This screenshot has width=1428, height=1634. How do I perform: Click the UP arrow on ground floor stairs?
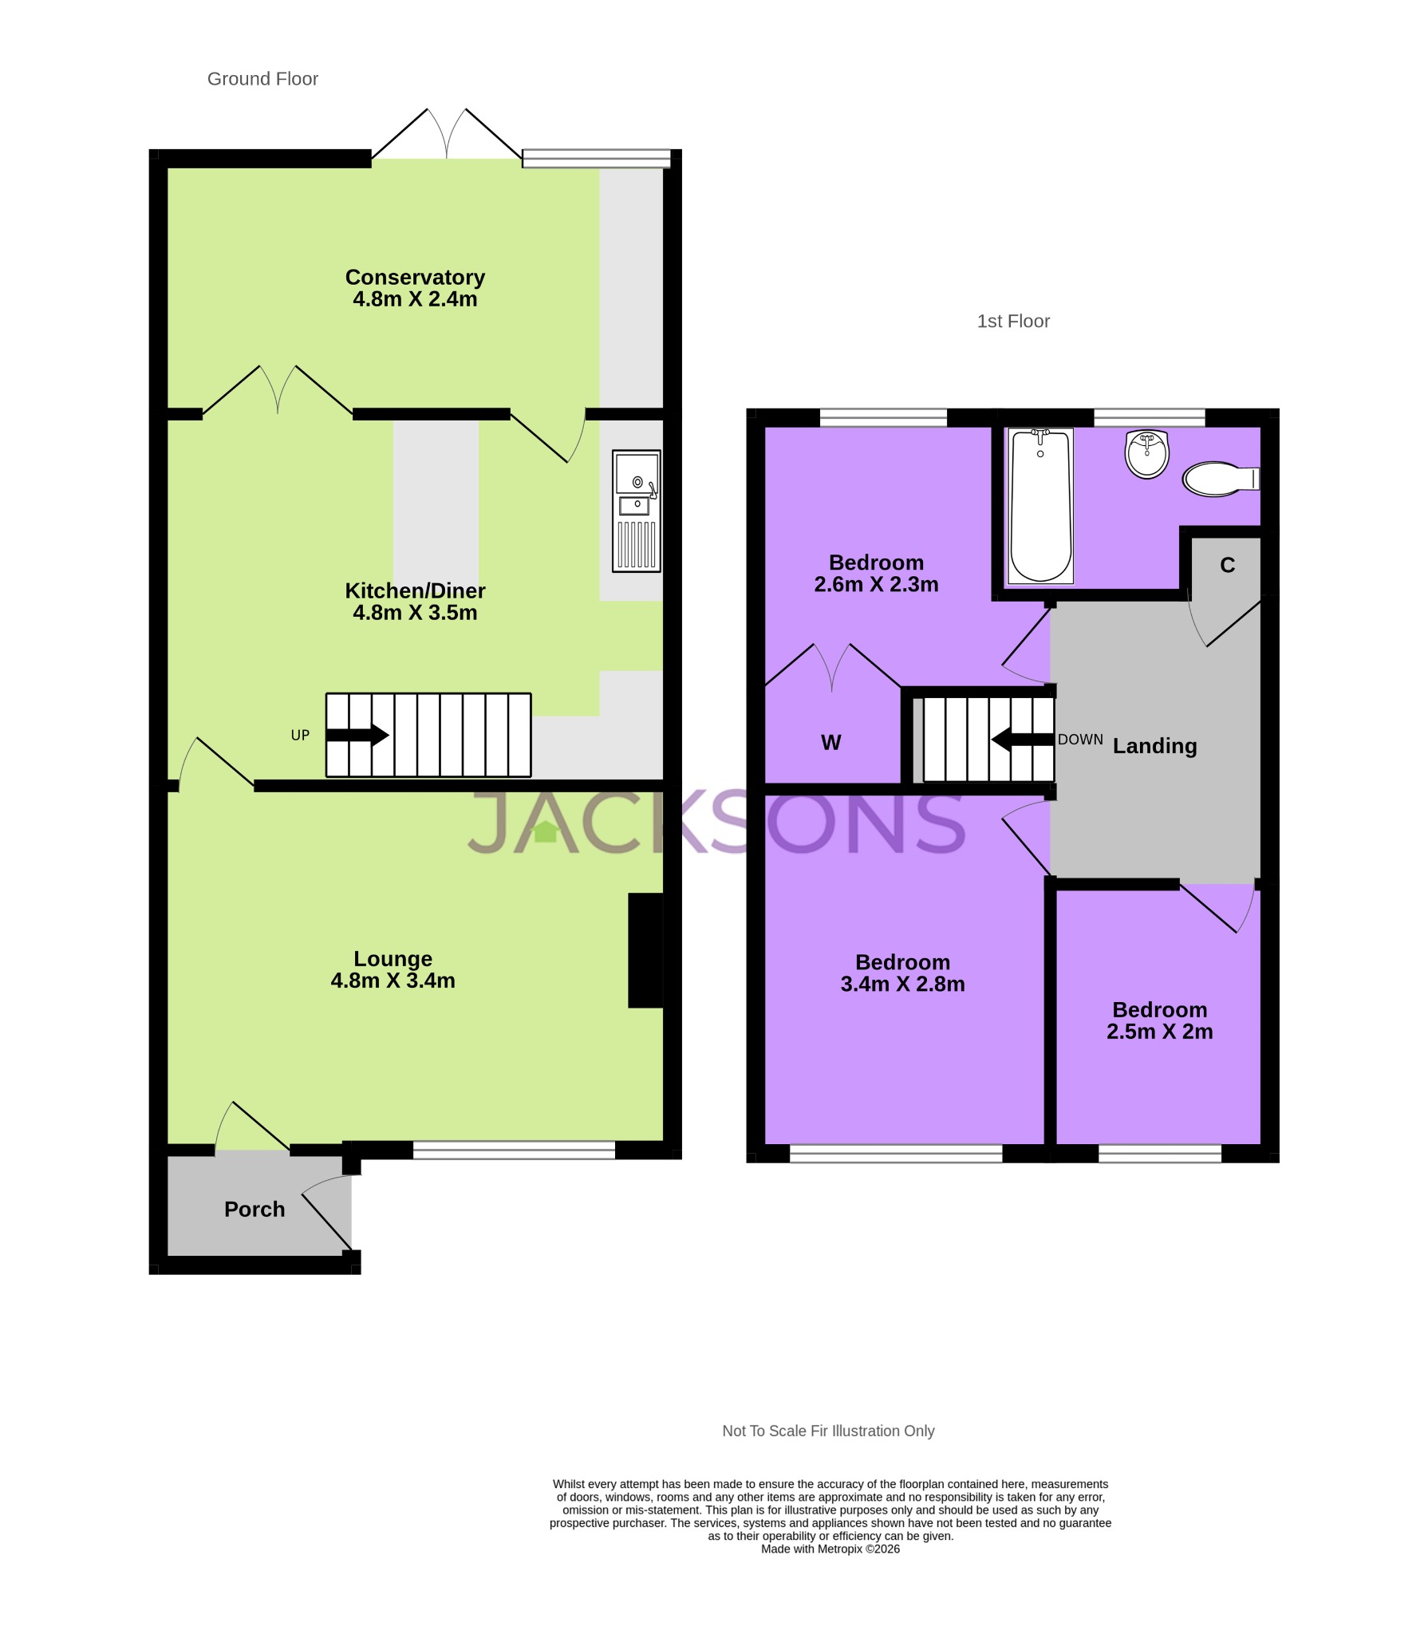pos(357,735)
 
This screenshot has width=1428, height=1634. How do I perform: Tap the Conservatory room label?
pos(415,277)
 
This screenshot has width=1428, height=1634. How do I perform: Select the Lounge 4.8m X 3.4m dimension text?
pos(393,981)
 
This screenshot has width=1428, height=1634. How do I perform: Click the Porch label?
pos(254,1209)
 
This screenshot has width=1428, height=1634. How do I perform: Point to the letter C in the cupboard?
pos(1227,566)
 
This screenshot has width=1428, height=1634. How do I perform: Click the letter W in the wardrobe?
pos(830,743)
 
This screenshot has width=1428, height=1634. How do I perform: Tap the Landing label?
pos(1154,746)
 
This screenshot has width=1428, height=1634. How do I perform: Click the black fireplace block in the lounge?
pos(645,949)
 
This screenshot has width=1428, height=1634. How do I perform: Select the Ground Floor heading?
pos(262,79)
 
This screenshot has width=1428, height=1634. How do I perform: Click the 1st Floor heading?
pos(1013,322)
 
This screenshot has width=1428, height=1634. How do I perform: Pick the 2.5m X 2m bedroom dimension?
pos(1159,1032)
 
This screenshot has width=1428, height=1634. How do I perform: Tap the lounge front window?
pos(514,1150)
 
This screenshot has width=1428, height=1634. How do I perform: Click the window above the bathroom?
pos(1149,416)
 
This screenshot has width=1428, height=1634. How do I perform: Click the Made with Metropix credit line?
pos(830,1549)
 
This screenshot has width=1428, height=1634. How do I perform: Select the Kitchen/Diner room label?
pos(415,590)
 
